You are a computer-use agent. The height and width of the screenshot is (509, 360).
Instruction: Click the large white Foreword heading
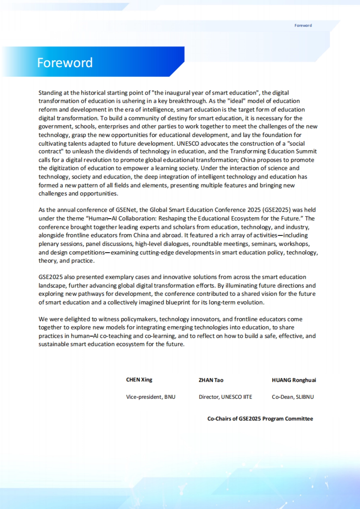pyautogui.click(x=65, y=63)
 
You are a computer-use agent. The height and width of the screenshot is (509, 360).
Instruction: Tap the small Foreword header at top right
pyautogui.click(x=303, y=25)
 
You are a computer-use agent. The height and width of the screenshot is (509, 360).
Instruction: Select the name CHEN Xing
pyautogui.click(x=139, y=380)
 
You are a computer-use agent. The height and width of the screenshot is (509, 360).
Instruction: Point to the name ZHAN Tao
pyautogui.click(x=211, y=380)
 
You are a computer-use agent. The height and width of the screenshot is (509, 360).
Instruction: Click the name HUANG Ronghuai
pyautogui.click(x=294, y=380)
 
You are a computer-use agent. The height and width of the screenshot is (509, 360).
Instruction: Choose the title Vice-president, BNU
pyautogui.click(x=151, y=397)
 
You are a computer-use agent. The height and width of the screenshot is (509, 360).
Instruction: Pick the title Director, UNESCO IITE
pyautogui.click(x=225, y=397)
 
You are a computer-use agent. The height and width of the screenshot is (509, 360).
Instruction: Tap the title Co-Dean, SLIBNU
pyautogui.click(x=293, y=397)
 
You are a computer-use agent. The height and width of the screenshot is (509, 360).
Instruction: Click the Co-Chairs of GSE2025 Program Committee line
pyautogui.click(x=260, y=419)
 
